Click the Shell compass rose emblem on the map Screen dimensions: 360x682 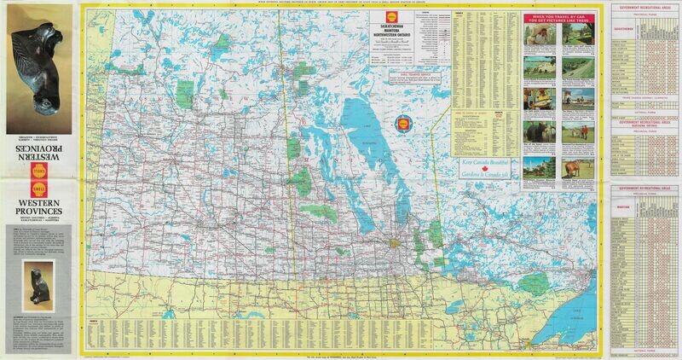pos(401,122)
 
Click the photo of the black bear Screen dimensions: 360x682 pos(535,137)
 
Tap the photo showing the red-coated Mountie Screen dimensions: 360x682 pos(581,137)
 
